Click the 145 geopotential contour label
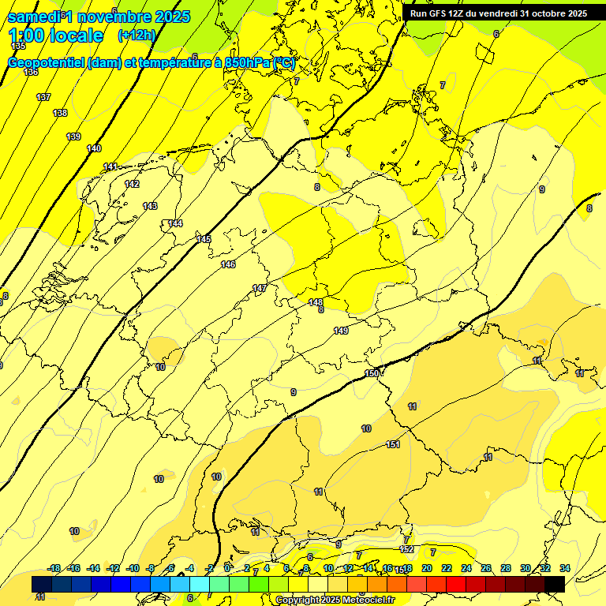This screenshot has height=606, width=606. tap(204, 239)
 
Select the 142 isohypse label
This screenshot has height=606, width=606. tap(132, 184)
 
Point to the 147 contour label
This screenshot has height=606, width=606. tap(260, 288)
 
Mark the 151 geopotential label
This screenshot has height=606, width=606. tap(393, 445)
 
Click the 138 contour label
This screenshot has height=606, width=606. tap(60, 113)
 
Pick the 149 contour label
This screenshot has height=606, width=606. tap(341, 331)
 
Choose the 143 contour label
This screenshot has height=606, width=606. tap(150, 206)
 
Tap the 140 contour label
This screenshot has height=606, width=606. tap(94, 148)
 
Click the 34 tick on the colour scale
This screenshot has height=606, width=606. tap(565, 568)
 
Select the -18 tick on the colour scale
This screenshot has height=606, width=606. tap(54, 568)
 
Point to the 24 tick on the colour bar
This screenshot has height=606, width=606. tap(466, 568)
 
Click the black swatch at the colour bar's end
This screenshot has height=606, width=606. tap(555, 584)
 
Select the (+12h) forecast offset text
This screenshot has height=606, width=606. tap(137, 36)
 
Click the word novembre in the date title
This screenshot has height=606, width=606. tap(118, 17)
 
